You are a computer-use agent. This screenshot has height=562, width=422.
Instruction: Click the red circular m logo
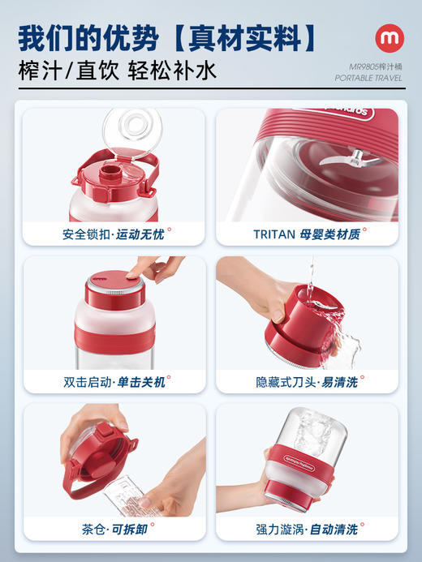coord(389,38)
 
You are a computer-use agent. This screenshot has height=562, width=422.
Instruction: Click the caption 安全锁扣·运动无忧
coord(114,235)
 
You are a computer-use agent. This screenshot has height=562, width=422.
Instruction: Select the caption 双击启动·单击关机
coord(114,381)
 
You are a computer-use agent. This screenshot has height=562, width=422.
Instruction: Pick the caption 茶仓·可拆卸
coord(114,529)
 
